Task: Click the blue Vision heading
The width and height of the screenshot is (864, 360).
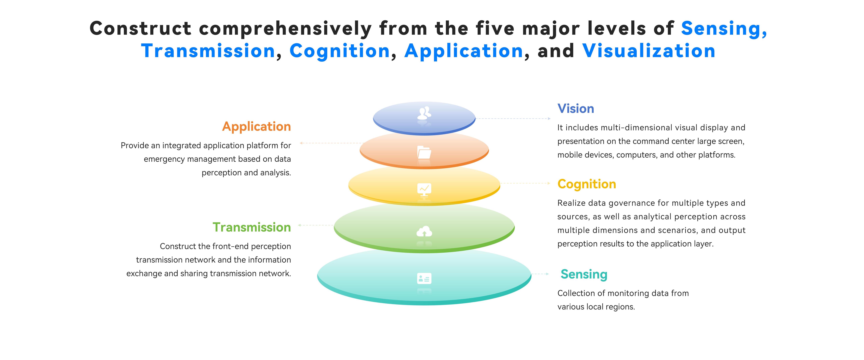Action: pos(576,109)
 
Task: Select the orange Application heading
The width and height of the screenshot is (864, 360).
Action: pos(257,126)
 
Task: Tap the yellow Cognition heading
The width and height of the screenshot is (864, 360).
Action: pos(587,184)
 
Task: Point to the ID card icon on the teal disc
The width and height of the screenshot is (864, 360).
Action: pos(424,278)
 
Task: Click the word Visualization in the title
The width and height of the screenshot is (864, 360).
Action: pos(649,51)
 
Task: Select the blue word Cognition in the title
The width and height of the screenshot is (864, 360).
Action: pos(339,51)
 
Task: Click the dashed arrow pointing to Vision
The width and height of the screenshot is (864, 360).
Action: pos(513,118)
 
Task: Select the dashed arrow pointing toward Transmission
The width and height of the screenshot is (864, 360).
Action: pos(315,225)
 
